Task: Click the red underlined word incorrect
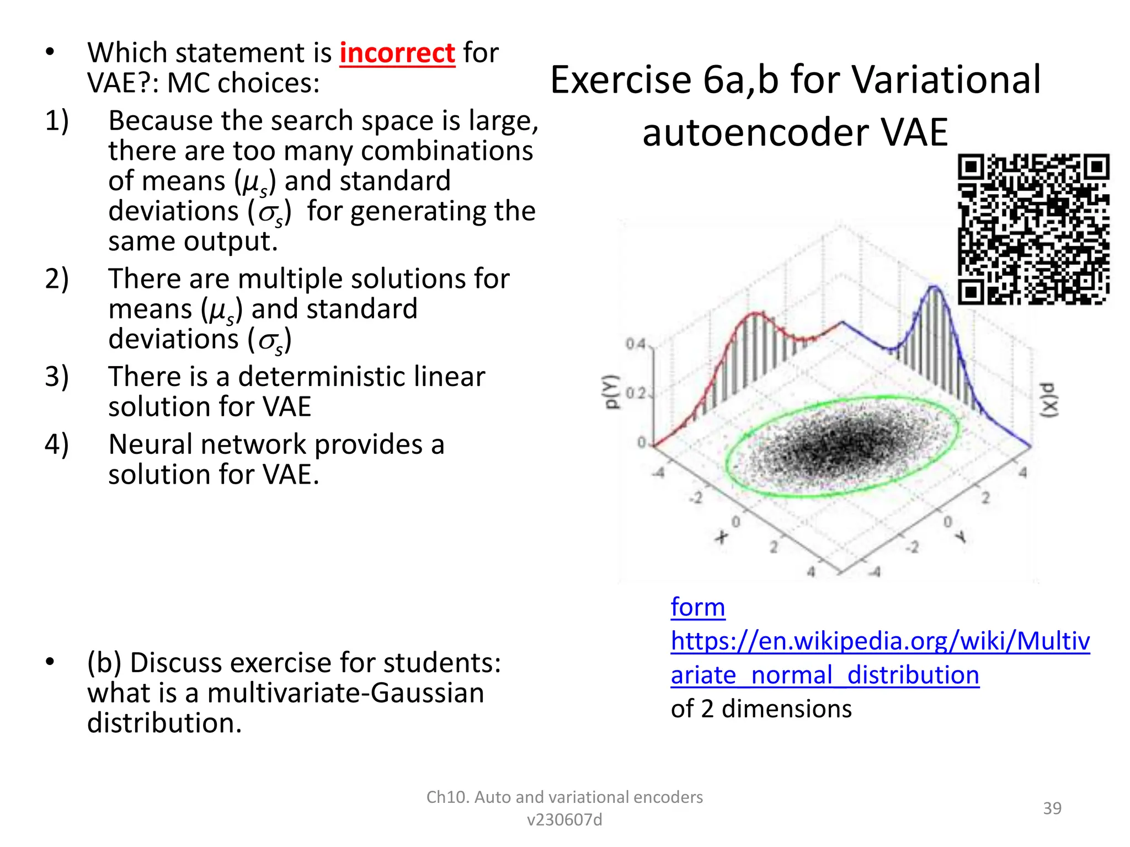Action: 397,53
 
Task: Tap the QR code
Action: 1033,229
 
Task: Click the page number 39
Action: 1052,808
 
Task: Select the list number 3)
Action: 57,377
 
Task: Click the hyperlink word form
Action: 697,607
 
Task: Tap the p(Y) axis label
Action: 611,392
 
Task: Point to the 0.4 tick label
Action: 635,344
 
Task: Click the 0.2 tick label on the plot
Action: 635,394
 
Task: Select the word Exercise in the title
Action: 621,80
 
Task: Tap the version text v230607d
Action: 564,820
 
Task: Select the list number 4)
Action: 57,444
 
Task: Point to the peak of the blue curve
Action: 935,287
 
